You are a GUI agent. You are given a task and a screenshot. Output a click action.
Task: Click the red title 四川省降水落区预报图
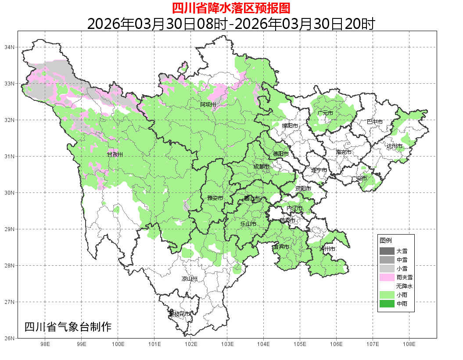pyautogui.click(x=231, y=8)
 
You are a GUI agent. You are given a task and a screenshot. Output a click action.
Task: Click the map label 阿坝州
pyautogui.click(x=208, y=104)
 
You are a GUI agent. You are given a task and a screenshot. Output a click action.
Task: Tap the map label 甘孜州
pyautogui.click(x=115, y=155)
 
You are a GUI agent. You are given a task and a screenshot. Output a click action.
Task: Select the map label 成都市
pyautogui.click(x=262, y=167)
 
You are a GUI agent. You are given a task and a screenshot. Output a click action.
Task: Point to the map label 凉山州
pyautogui.click(x=190, y=279)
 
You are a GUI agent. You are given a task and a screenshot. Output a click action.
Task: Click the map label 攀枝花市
pyautogui.click(x=180, y=314)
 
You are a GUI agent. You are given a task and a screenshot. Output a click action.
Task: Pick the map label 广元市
pyautogui.click(x=325, y=113)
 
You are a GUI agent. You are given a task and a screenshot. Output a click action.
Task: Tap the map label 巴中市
pyautogui.click(x=374, y=122)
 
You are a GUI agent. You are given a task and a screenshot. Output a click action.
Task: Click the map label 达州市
pyautogui.click(x=395, y=146)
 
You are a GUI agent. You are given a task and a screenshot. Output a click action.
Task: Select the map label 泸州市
pyautogui.click(x=327, y=249)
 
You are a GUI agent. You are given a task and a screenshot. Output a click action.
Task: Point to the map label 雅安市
pyautogui.click(x=215, y=198)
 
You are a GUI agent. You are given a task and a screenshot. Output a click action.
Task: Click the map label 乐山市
pyautogui.click(x=248, y=224)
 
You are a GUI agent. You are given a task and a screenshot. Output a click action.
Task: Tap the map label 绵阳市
pyautogui.click(x=290, y=126)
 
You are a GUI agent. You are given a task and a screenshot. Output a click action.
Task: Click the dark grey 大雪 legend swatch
pyautogui.click(x=387, y=251)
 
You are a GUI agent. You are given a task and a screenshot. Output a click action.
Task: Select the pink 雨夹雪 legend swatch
pyautogui.click(x=387, y=277)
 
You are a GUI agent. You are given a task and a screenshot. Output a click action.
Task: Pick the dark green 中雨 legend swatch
pyautogui.click(x=387, y=303)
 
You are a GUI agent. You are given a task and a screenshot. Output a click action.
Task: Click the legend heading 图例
pyautogui.click(x=386, y=241)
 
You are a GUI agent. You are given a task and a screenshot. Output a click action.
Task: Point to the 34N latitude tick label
pyautogui.click(x=10, y=47)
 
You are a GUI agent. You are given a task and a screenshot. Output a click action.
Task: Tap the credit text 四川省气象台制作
pyautogui.click(x=68, y=327)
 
